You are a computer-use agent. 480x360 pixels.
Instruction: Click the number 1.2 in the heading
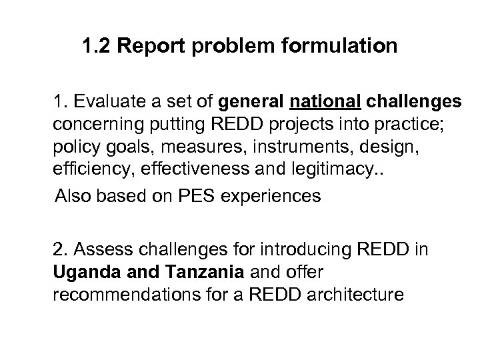coord(96,48)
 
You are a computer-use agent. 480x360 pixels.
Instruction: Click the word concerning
coord(90,124)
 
